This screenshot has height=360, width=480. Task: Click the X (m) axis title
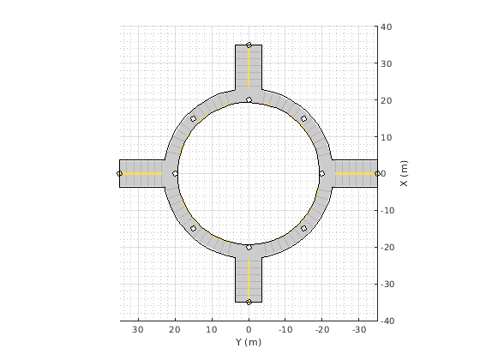404,173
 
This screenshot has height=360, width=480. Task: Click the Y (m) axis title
249,342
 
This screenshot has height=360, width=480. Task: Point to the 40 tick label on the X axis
387,27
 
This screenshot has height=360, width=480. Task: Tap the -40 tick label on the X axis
387,321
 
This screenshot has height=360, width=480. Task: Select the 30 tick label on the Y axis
138,329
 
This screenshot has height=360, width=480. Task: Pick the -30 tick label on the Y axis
359,329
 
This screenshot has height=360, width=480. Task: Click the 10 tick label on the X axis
387,137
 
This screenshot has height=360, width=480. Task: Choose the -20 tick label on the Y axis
322,329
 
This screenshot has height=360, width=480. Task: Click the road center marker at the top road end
249,45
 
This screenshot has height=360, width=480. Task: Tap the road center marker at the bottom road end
249,302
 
